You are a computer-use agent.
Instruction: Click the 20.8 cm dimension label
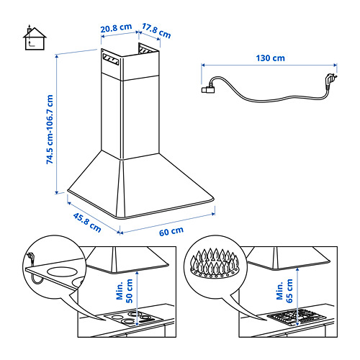(116, 28)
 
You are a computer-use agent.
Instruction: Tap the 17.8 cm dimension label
(156, 31)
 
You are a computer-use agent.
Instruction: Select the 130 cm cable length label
(270, 58)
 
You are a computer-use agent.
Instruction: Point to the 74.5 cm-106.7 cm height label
(50, 130)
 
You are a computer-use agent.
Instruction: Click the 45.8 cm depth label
(87, 222)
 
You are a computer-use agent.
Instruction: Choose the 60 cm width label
(171, 231)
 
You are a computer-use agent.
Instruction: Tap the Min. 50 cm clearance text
(125, 291)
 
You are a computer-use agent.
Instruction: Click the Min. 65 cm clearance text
(284, 291)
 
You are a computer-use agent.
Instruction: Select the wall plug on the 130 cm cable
(331, 79)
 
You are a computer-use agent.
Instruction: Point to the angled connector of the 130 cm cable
(208, 89)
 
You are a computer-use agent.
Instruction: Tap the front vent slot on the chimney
(111, 59)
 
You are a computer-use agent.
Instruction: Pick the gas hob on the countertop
(297, 317)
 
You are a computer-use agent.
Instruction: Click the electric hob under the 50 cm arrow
(134, 318)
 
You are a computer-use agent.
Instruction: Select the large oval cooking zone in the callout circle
(62, 271)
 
